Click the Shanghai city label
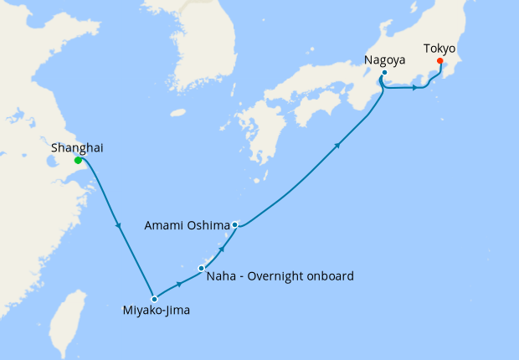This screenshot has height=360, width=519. click(78, 147)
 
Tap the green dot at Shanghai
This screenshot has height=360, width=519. click(78, 160)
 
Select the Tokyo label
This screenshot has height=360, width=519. click(439, 49)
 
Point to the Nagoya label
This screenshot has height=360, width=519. click(386, 60)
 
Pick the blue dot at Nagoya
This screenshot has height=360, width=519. click(384, 73)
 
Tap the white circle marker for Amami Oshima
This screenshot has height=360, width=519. click(236, 224)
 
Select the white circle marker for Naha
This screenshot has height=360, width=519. click(201, 268)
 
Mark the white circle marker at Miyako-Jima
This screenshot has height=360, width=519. click(154, 299)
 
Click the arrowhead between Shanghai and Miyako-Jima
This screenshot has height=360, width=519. click(119, 225)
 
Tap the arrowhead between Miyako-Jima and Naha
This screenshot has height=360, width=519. click(180, 283)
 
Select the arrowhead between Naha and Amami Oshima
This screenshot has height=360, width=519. click(222, 248)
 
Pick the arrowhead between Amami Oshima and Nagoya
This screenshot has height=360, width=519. click(337, 147)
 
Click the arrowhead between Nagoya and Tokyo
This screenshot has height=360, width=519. click(415, 88)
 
